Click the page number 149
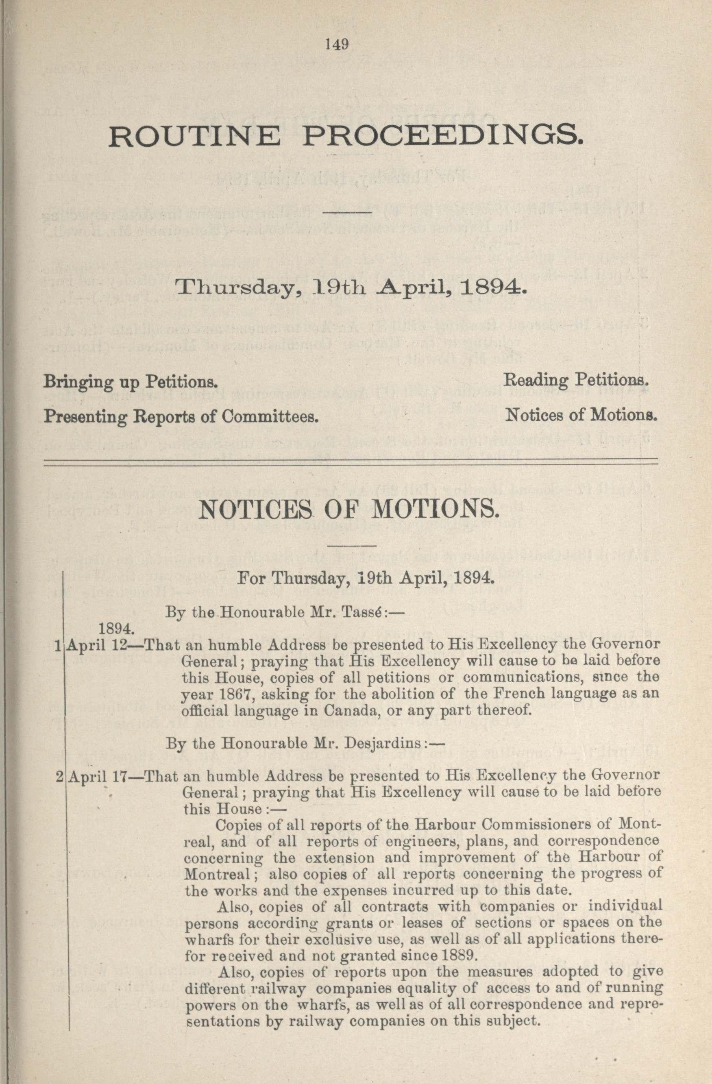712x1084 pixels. (x=337, y=44)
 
